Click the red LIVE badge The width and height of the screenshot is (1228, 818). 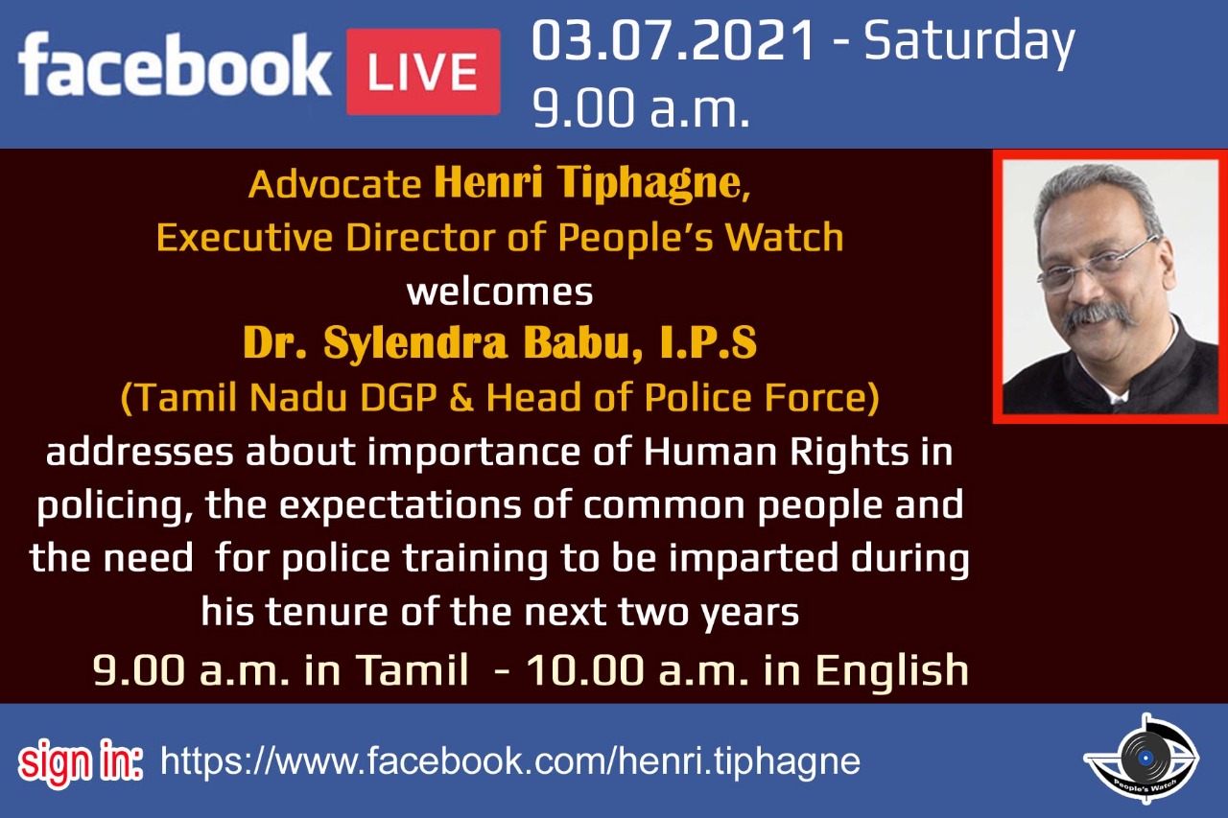click(x=423, y=72)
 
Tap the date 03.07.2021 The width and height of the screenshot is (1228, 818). click(x=673, y=40)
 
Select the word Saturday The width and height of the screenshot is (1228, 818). click(x=969, y=44)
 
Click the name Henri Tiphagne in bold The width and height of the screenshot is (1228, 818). click(x=592, y=183)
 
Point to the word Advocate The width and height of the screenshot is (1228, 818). click(x=335, y=185)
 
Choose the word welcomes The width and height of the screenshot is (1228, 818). click(x=500, y=292)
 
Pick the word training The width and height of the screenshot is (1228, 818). click(x=475, y=560)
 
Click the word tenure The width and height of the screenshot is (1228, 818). click(x=328, y=612)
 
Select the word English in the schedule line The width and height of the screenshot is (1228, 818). click(x=892, y=671)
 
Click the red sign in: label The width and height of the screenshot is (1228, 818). click(x=81, y=762)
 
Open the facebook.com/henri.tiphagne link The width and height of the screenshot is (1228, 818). click(x=510, y=762)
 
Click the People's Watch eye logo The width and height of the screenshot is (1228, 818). click(x=1142, y=759)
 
